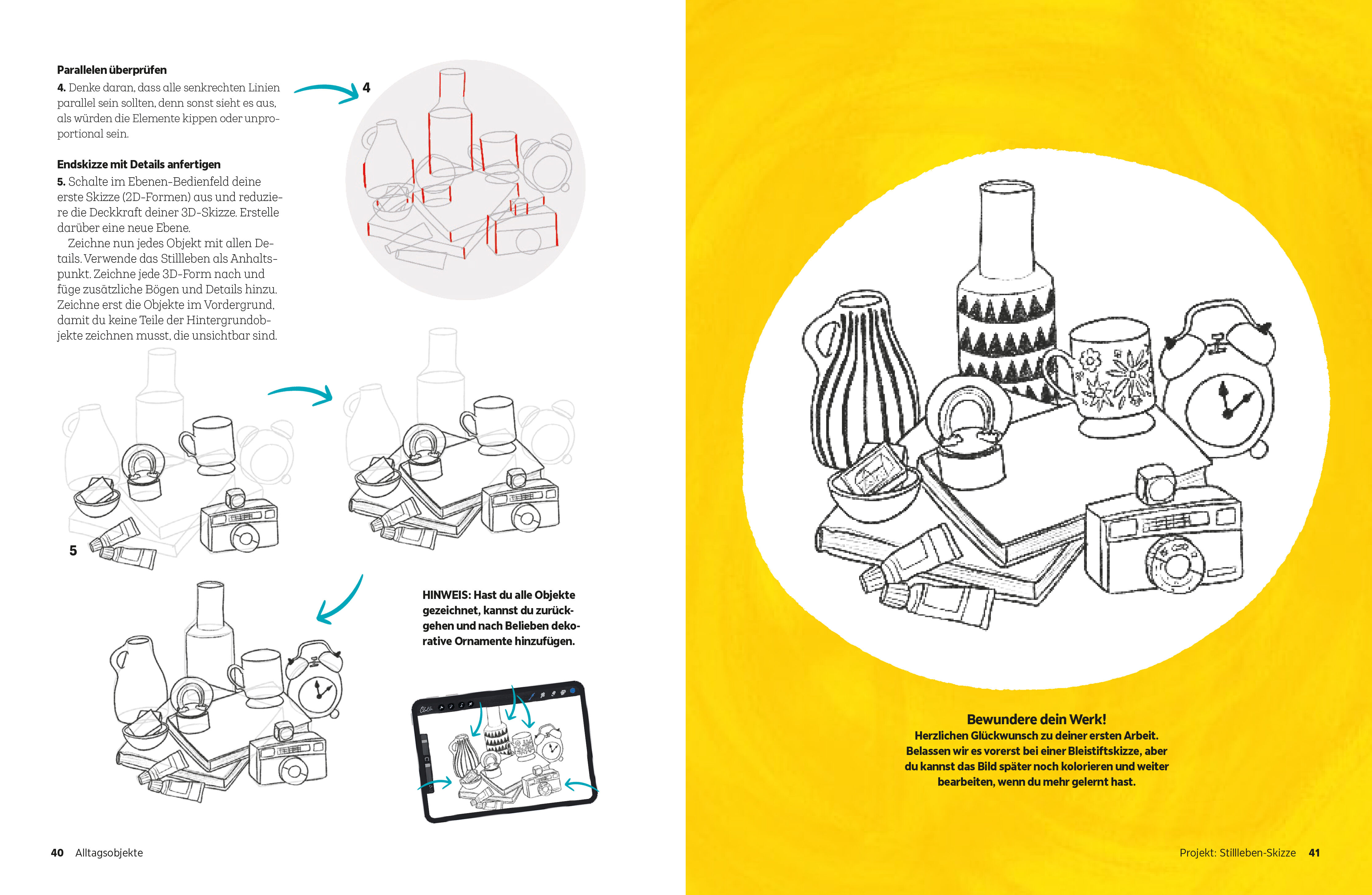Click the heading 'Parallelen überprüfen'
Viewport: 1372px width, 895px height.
[x=112, y=70]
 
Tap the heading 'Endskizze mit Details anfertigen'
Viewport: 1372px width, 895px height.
[x=138, y=164]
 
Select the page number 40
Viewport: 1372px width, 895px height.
[x=57, y=852]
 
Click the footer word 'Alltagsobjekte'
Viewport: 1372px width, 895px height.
[x=109, y=852]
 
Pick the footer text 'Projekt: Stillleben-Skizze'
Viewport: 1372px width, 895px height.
[x=1237, y=852]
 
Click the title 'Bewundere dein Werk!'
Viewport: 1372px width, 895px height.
[x=1036, y=719]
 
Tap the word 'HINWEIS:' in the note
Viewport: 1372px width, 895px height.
[x=446, y=595]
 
